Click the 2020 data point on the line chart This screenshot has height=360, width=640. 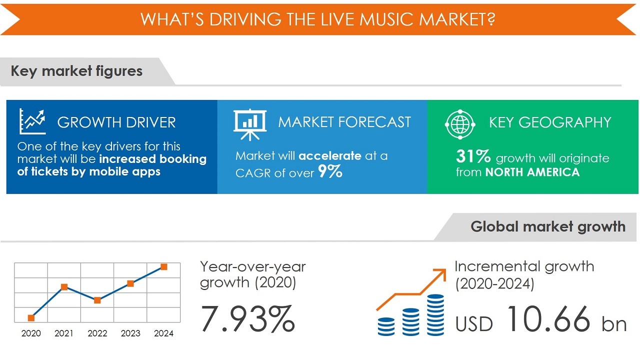point(31,317)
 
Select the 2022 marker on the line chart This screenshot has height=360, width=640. point(97,300)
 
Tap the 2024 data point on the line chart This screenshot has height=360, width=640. point(163,267)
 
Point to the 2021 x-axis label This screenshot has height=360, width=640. point(64,333)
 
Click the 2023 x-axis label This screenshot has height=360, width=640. point(130,333)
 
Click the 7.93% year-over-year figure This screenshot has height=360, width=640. point(247,318)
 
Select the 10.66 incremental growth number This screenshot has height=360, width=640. point(548,318)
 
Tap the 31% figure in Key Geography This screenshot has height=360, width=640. point(473,156)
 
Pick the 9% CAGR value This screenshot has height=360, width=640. point(330,171)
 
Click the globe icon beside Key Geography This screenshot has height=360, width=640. point(460,124)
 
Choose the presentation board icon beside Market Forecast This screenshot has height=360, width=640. point(250,125)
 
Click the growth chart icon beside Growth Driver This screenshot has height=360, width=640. point(32,121)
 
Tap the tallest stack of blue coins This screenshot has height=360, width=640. point(435,315)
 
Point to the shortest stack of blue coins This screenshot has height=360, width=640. point(386,326)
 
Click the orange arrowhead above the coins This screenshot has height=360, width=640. point(441,273)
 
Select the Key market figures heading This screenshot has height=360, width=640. point(76,71)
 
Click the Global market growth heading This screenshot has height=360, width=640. point(548,226)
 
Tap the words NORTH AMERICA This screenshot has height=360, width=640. point(532,172)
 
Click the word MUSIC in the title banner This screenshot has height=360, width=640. point(386,19)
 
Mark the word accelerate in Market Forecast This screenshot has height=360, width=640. point(330,155)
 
